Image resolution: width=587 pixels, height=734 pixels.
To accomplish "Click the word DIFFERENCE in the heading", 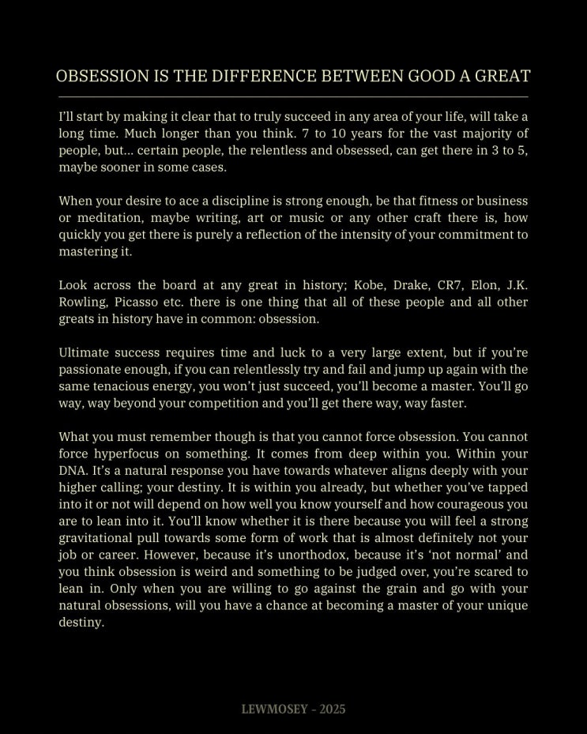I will (257, 77).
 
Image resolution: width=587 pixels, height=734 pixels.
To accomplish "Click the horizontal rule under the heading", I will (293, 96).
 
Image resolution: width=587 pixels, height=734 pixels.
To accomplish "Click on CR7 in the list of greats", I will (450, 285).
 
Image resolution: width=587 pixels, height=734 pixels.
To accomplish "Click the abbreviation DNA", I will (73, 471).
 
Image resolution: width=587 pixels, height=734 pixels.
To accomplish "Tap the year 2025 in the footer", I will (333, 710).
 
